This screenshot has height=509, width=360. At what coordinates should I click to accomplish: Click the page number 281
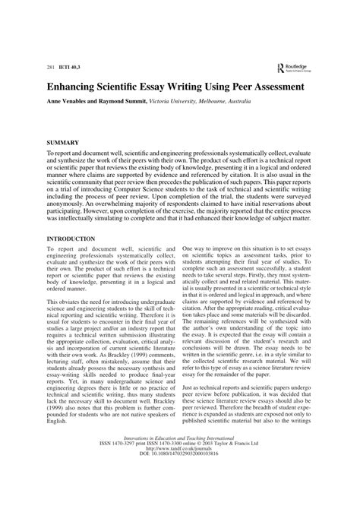(x=52, y=68)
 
